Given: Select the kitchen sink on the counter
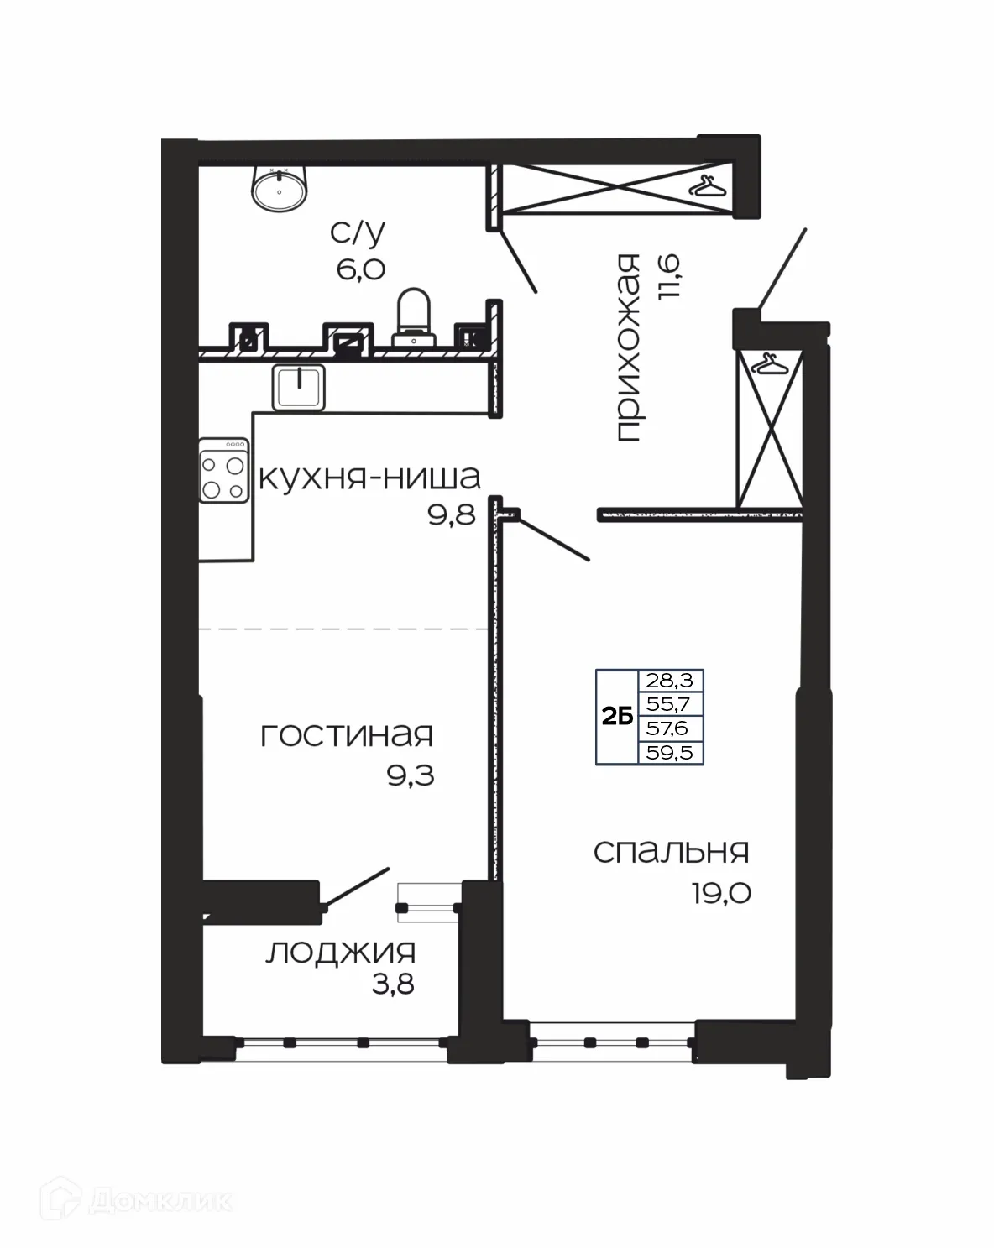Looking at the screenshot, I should pos(298,387).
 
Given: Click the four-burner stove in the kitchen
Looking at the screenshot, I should pos(224,471).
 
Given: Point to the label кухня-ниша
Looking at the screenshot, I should pos(369,478).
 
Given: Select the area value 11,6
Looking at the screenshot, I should pos(671,278).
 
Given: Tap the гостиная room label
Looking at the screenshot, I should pos(347,736).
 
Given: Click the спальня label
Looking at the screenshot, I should pos(671,852).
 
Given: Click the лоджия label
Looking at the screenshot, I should pos(341,953).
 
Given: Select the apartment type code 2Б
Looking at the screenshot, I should pos(617,717).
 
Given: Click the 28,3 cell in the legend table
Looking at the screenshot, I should pos(670,681).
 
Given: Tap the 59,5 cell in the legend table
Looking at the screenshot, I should pos(670,753).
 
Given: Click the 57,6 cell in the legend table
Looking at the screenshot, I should pos(670,728).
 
